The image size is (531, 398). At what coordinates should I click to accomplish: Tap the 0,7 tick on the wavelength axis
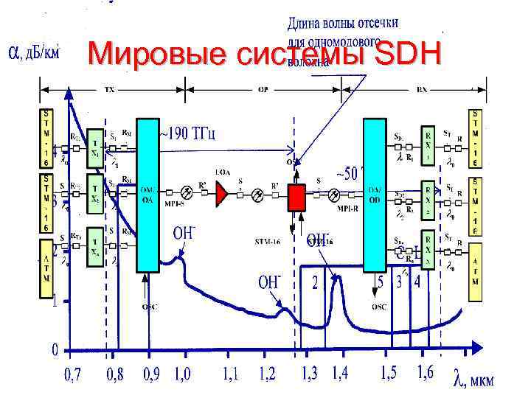(x=73, y=374)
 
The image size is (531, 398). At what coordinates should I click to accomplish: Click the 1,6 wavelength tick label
(x=426, y=373)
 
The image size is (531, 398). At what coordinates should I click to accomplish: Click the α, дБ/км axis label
(x=33, y=52)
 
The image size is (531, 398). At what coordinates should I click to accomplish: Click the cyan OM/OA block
(x=147, y=193)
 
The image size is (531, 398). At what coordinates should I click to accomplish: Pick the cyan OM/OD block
(x=375, y=193)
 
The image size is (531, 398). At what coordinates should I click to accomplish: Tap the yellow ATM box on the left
(x=47, y=266)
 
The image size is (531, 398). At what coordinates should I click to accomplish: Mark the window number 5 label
(x=380, y=281)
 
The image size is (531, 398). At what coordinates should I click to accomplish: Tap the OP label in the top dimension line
(x=263, y=90)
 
